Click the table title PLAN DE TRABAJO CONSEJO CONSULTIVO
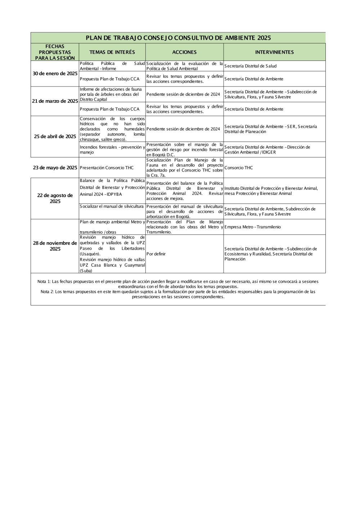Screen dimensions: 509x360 click(178, 38)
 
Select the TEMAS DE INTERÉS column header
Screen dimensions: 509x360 click(112, 52)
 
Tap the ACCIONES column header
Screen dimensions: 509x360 click(184, 52)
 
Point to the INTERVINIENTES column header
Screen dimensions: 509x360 click(274, 52)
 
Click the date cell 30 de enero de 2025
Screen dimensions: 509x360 click(55, 73)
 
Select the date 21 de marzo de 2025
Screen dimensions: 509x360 click(55, 101)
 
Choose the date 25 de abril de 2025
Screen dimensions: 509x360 click(55, 137)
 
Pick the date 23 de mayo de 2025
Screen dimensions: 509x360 click(55, 168)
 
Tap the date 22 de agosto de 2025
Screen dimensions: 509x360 click(55, 198)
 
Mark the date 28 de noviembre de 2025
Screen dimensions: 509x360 click(55, 246)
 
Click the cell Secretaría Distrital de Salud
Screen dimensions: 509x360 click(251, 66)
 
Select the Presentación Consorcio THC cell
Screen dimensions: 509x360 click(107, 168)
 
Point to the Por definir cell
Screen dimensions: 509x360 click(156, 254)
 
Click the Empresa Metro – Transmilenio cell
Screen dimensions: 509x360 click(252, 227)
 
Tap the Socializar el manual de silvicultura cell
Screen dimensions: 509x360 click(112, 207)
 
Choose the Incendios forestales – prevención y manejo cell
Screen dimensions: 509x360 click(112, 149)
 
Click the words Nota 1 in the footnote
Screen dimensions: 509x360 click(44, 281)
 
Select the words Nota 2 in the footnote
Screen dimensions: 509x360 click(47, 292)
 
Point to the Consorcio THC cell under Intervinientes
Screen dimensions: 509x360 click(238, 168)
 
